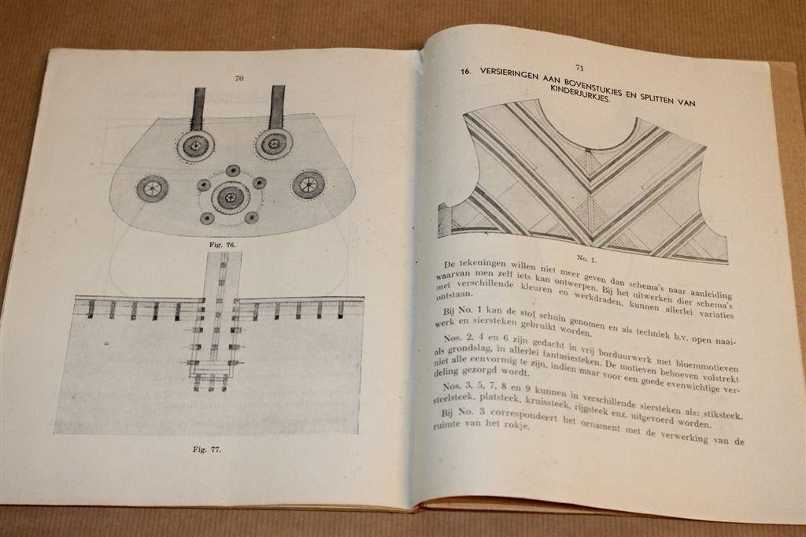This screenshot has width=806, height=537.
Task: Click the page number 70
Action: tap(239, 78)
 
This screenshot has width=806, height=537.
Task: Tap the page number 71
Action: tap(601, 69)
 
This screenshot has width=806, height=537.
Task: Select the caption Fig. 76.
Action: tap(224, 245)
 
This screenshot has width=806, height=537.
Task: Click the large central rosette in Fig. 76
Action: tap(231, 198)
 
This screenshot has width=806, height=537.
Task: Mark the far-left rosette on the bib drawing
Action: tap(152, 187)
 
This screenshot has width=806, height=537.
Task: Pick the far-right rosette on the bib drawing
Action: tap(309, 184)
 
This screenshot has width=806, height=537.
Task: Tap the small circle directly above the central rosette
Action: tap(233, 171)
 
